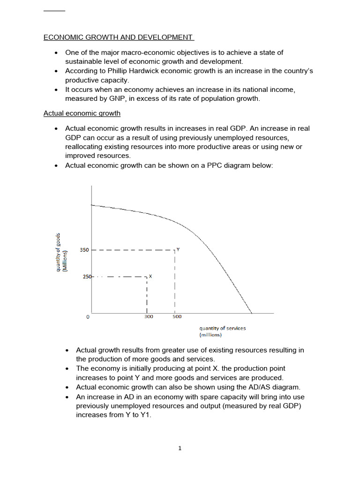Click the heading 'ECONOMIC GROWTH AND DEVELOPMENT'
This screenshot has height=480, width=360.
118,37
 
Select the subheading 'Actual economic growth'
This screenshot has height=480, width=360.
82,113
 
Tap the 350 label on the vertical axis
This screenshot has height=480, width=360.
84,250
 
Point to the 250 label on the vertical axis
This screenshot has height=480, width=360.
87,277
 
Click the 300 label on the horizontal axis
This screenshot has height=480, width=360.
148,317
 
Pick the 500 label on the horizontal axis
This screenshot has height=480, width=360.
177,317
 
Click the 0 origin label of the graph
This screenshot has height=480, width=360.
88,317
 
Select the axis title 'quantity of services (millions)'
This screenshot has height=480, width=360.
222,331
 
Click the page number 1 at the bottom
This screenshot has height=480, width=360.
180,448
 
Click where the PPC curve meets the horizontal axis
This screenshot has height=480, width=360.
252,313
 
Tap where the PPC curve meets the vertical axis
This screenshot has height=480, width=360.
92,205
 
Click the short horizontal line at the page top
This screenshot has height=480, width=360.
54,10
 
